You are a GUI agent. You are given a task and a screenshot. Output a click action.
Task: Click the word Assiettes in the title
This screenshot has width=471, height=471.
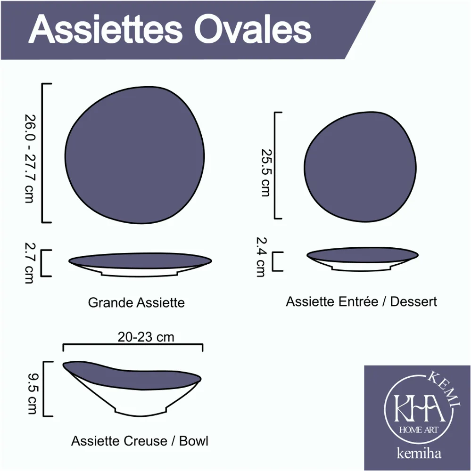[x=105, y=29]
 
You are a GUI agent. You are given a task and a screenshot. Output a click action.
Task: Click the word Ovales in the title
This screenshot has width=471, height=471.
[x=253, y=29]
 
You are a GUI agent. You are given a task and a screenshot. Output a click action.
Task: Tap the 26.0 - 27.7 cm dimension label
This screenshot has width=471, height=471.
[x=30, y=158]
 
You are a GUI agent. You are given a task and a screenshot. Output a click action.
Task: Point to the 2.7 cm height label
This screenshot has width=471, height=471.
[x=30, y=262]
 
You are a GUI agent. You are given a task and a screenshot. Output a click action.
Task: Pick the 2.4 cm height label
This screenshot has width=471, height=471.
[x=261, y=257]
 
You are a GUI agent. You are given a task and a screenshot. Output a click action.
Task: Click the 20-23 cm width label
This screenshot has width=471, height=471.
[x=146, y=337]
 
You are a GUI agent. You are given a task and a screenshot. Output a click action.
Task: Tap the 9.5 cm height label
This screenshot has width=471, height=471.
[x=33, y=393]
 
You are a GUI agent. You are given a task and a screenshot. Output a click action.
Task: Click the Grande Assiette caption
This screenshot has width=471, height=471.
[x=136, y=302]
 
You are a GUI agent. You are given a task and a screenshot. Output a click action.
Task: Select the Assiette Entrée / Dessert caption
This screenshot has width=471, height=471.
[x=361, y=301]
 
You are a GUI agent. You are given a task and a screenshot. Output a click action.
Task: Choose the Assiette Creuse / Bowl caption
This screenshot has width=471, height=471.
[x=140, y=441]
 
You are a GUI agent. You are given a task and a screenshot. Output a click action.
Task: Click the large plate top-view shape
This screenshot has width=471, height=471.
[x=135, y=155]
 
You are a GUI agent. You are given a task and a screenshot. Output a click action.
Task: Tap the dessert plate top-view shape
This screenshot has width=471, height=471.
[x=360, y=167]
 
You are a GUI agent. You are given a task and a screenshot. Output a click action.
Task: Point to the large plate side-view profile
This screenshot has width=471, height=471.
[x=140, y=264]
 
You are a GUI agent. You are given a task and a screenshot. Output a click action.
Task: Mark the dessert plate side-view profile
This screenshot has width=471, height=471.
[x=363, y=259]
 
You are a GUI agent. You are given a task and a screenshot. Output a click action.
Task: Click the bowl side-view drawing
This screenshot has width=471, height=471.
[x=132, y=388]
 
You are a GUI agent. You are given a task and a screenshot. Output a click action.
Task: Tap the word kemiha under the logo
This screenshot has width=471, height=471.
[x=419, y=453]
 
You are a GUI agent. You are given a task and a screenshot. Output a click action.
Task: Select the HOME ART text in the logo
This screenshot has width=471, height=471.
[x=418, y=430]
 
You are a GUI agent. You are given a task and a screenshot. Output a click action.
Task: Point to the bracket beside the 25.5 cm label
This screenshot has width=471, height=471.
[x=275, y=165]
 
